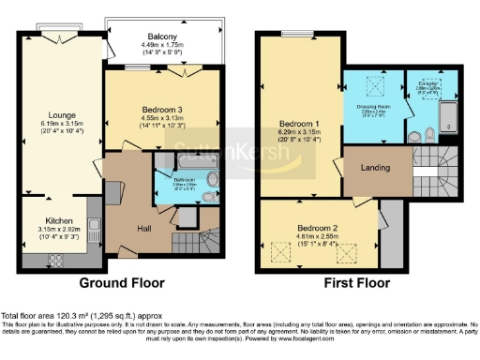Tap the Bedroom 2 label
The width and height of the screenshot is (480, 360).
click(317, 228)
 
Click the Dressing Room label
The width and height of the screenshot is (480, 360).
click(373, 107)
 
